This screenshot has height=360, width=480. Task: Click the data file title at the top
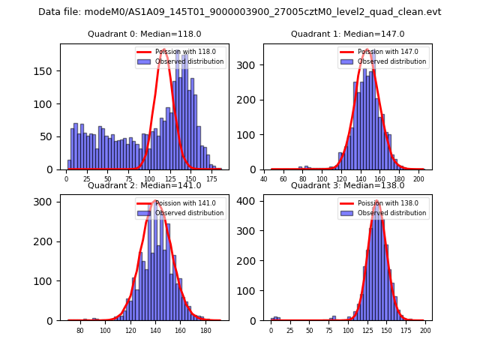click(x=240, y=12)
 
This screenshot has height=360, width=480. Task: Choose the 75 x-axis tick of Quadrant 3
click(x=328, y=331)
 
